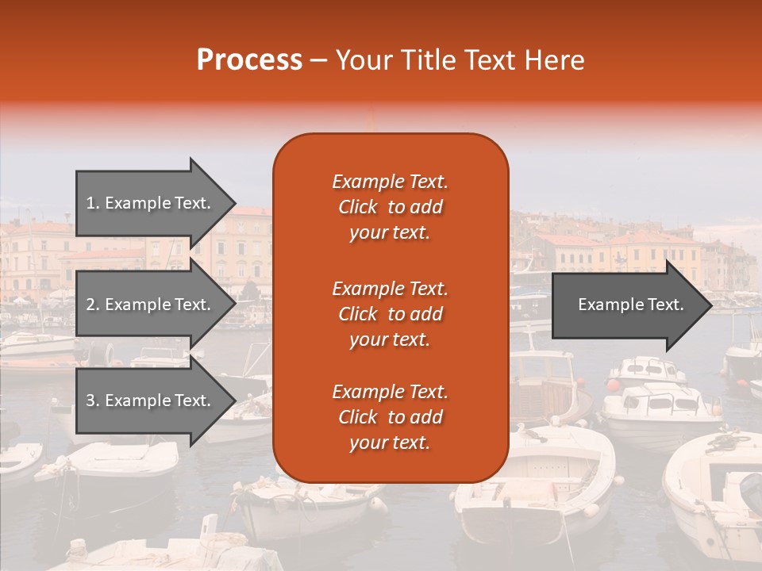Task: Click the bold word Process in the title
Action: point(249,60)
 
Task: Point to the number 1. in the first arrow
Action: point(93,203)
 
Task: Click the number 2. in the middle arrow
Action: point(93,305)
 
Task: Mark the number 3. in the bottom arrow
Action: point(93,400)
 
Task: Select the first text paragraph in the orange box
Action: point(390,207)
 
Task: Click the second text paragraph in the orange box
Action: point(390,314)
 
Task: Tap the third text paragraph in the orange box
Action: point(390,417)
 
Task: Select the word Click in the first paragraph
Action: point(358,207)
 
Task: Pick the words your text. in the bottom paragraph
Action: point(390,443)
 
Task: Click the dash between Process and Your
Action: point(319,60)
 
